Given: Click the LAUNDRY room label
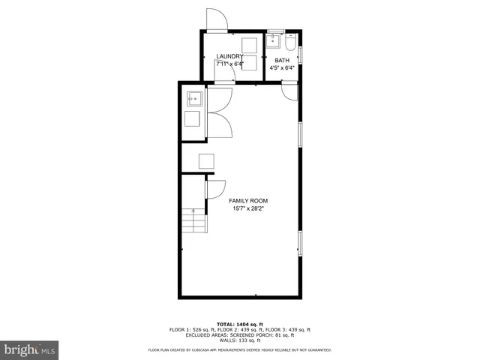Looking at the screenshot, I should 229,57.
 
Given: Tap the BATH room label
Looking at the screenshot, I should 282,60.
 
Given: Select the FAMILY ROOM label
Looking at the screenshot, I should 248,201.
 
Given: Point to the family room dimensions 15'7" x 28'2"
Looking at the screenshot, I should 248,209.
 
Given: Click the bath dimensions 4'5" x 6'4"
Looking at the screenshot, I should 282,68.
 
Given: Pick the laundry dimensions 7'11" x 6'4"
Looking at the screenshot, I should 229,64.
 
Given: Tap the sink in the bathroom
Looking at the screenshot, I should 274,40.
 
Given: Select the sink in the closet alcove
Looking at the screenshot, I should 193,98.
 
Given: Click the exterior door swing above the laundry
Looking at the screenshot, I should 215,19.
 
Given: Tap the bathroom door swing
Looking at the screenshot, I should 289,92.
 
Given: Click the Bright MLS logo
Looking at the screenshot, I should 30,349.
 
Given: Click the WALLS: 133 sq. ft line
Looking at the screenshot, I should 240,339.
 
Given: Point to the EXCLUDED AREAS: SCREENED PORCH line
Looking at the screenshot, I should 240,334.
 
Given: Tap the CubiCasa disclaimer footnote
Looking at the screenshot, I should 240,349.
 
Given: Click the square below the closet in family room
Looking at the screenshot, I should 205,160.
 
